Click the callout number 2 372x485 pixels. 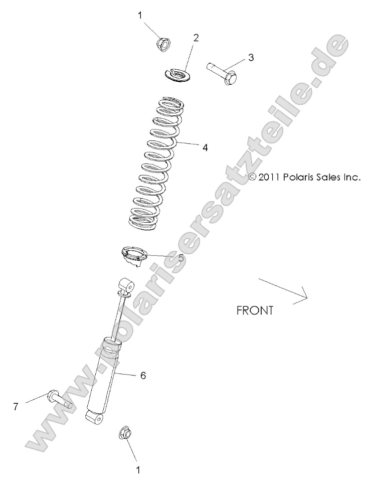pyautogui.click(x=196, y=38)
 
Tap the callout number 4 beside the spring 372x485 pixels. pyautogui.click(x=206, y=148)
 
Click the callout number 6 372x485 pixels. pyautogui.click(x=143, y=376)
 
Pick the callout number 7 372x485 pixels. pyautogui.click(x=16, y=407)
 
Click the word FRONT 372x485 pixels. pyautogui.click(x=255, y=310)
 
